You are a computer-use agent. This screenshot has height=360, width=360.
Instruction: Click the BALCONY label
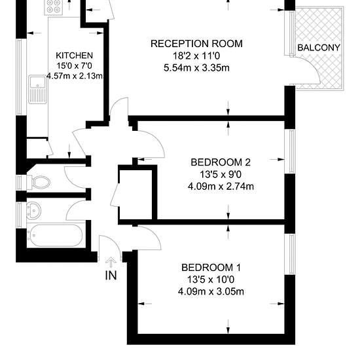pyautogui.click(x=319, y=48)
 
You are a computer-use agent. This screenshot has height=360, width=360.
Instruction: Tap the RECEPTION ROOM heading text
pyautogui.click(x=196, y=44)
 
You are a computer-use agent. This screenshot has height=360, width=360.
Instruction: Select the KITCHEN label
pyautogui.click(x=75, y=56)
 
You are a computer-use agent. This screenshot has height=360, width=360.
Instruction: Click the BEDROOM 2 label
pyautogui.click(x=221, y=162)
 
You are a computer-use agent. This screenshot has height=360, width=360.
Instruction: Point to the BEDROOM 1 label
pyautogui.click(x=211, y=268)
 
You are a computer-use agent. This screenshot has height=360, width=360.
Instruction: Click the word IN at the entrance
pyautogui.click(x=111, y=276)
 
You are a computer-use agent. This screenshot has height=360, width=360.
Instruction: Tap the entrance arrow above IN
pyautogui.click(x=111, y=262)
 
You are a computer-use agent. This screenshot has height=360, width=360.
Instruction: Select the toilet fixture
pyautogui.click(x=39, y=183)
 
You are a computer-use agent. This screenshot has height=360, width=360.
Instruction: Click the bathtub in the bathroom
pyautogui.click(x=54, y=236)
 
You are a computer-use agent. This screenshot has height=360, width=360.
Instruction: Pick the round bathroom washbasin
pyautogui.click(x=34, y=210)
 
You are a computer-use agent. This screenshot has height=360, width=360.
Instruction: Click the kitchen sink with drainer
pyautogui.click(x=37, y=90)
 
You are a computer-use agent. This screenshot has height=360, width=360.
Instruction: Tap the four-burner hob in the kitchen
pyautogui.click(x=54, y=7)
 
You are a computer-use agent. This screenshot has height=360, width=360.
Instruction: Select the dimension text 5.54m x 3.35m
pyautogui.click(x=196, y=68)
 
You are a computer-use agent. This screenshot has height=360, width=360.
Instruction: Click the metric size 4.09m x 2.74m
pyautogui.click(x=221, y=186)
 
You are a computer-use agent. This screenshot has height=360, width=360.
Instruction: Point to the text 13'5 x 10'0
pyautogui.click(x=211, y=279)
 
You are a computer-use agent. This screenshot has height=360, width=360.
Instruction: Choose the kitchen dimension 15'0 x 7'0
pyautogui.click(x=75, y=65)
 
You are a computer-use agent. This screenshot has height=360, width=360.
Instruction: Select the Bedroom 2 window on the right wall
pyautogui.click(x=290, y=151)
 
